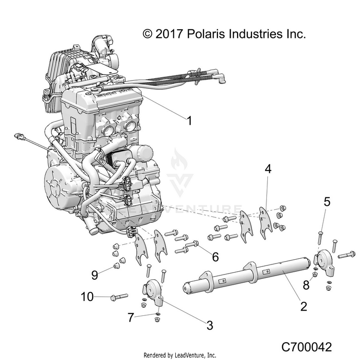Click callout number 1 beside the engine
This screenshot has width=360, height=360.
click(x=190, y=121)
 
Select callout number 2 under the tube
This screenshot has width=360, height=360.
click(x=303, y=306)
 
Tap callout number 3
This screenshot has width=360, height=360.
click(x=210, y=325)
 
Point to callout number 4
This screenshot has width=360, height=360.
click(x=268, y=169)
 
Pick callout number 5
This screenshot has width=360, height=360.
click(x=327, y=202)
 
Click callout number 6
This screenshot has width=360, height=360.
click(x=216, y=257)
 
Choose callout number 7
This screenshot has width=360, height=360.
click(x=131, y=318)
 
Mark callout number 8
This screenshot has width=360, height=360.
click(x=306, y=286)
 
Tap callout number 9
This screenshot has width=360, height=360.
click(x=95, y=275)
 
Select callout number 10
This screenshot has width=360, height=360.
click(x=87, y=297)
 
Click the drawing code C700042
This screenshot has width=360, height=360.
click(x=307, y=347)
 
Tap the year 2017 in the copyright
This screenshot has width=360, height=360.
click(x=169, y=34)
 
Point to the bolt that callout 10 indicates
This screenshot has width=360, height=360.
click(x=119, y=297)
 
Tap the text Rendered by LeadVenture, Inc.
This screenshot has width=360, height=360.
click(x=180, y=355)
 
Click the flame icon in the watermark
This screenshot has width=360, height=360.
click(x=180, y=159)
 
